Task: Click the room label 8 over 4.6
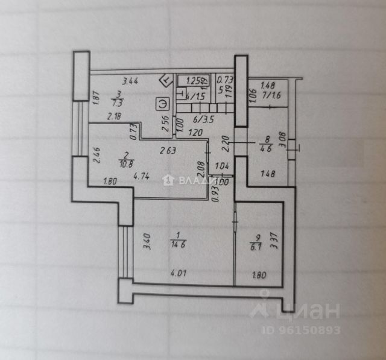264,145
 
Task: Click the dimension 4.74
141,177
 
